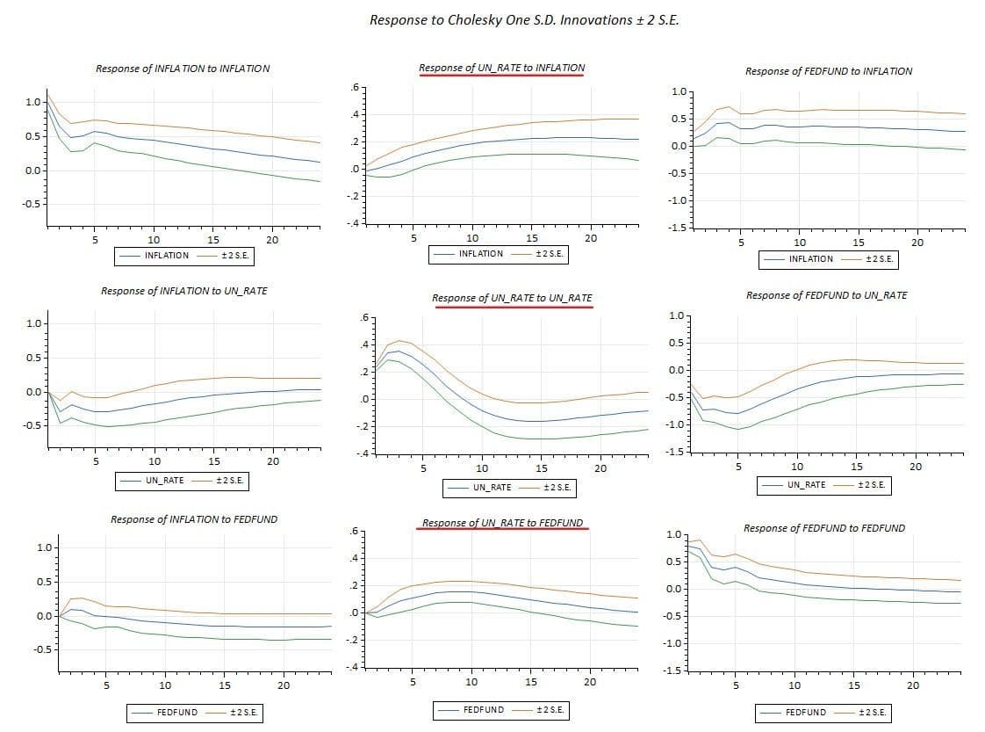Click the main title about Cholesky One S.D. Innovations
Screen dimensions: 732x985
pos(524,19)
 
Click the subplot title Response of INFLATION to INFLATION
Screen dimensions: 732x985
pos(183,68)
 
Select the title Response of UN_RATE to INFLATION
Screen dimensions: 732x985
pos(501,68)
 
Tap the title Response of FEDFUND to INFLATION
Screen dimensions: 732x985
pos(829,71)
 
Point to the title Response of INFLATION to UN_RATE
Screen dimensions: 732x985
pos(184,291)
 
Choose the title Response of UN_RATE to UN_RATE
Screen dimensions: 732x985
pos(512,298)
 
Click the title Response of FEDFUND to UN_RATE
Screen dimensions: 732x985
pos(826,295)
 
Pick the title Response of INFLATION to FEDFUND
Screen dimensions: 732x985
pos(194,519)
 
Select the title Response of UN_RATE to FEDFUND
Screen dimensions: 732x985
pos(502,523)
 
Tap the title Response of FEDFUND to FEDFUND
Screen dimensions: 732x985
pos(824,528)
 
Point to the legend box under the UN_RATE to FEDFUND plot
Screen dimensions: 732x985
pos(502,709)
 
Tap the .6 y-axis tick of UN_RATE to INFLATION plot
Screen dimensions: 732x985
pos(354,87)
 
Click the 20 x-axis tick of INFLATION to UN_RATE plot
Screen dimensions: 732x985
pos(273,461)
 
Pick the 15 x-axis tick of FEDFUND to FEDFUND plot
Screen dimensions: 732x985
pos(854,685)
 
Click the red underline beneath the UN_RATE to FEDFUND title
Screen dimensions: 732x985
pos(502,530)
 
